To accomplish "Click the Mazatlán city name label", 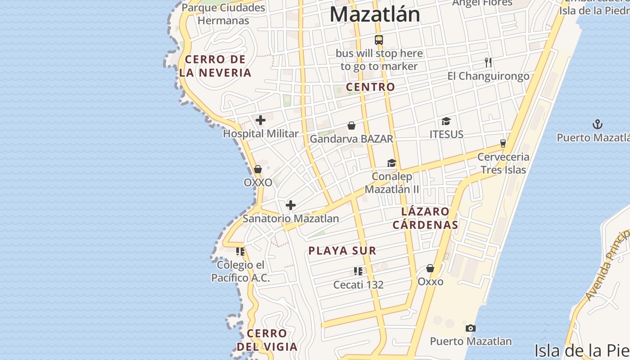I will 375,14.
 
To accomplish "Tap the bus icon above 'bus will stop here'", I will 379,40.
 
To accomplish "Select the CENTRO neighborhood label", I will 370,87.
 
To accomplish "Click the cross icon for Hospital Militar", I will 260,120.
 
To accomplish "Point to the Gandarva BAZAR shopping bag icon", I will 351,126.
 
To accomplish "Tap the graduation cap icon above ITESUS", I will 446,121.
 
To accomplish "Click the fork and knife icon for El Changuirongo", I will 488,63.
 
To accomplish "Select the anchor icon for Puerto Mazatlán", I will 597,124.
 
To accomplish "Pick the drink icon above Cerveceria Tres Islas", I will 503,144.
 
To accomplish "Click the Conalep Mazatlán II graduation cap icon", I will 392,163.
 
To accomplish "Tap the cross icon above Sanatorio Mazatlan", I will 291,205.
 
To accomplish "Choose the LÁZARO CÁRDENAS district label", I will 425,218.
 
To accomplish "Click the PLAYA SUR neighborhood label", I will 342,251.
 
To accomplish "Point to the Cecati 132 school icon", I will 358,271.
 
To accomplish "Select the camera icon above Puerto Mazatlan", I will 471,328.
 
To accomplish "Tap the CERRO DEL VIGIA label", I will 267,340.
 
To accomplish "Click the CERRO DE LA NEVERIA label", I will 215,66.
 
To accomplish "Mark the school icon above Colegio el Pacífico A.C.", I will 240,251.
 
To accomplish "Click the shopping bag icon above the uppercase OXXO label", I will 258,169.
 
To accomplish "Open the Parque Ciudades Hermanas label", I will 223,14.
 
